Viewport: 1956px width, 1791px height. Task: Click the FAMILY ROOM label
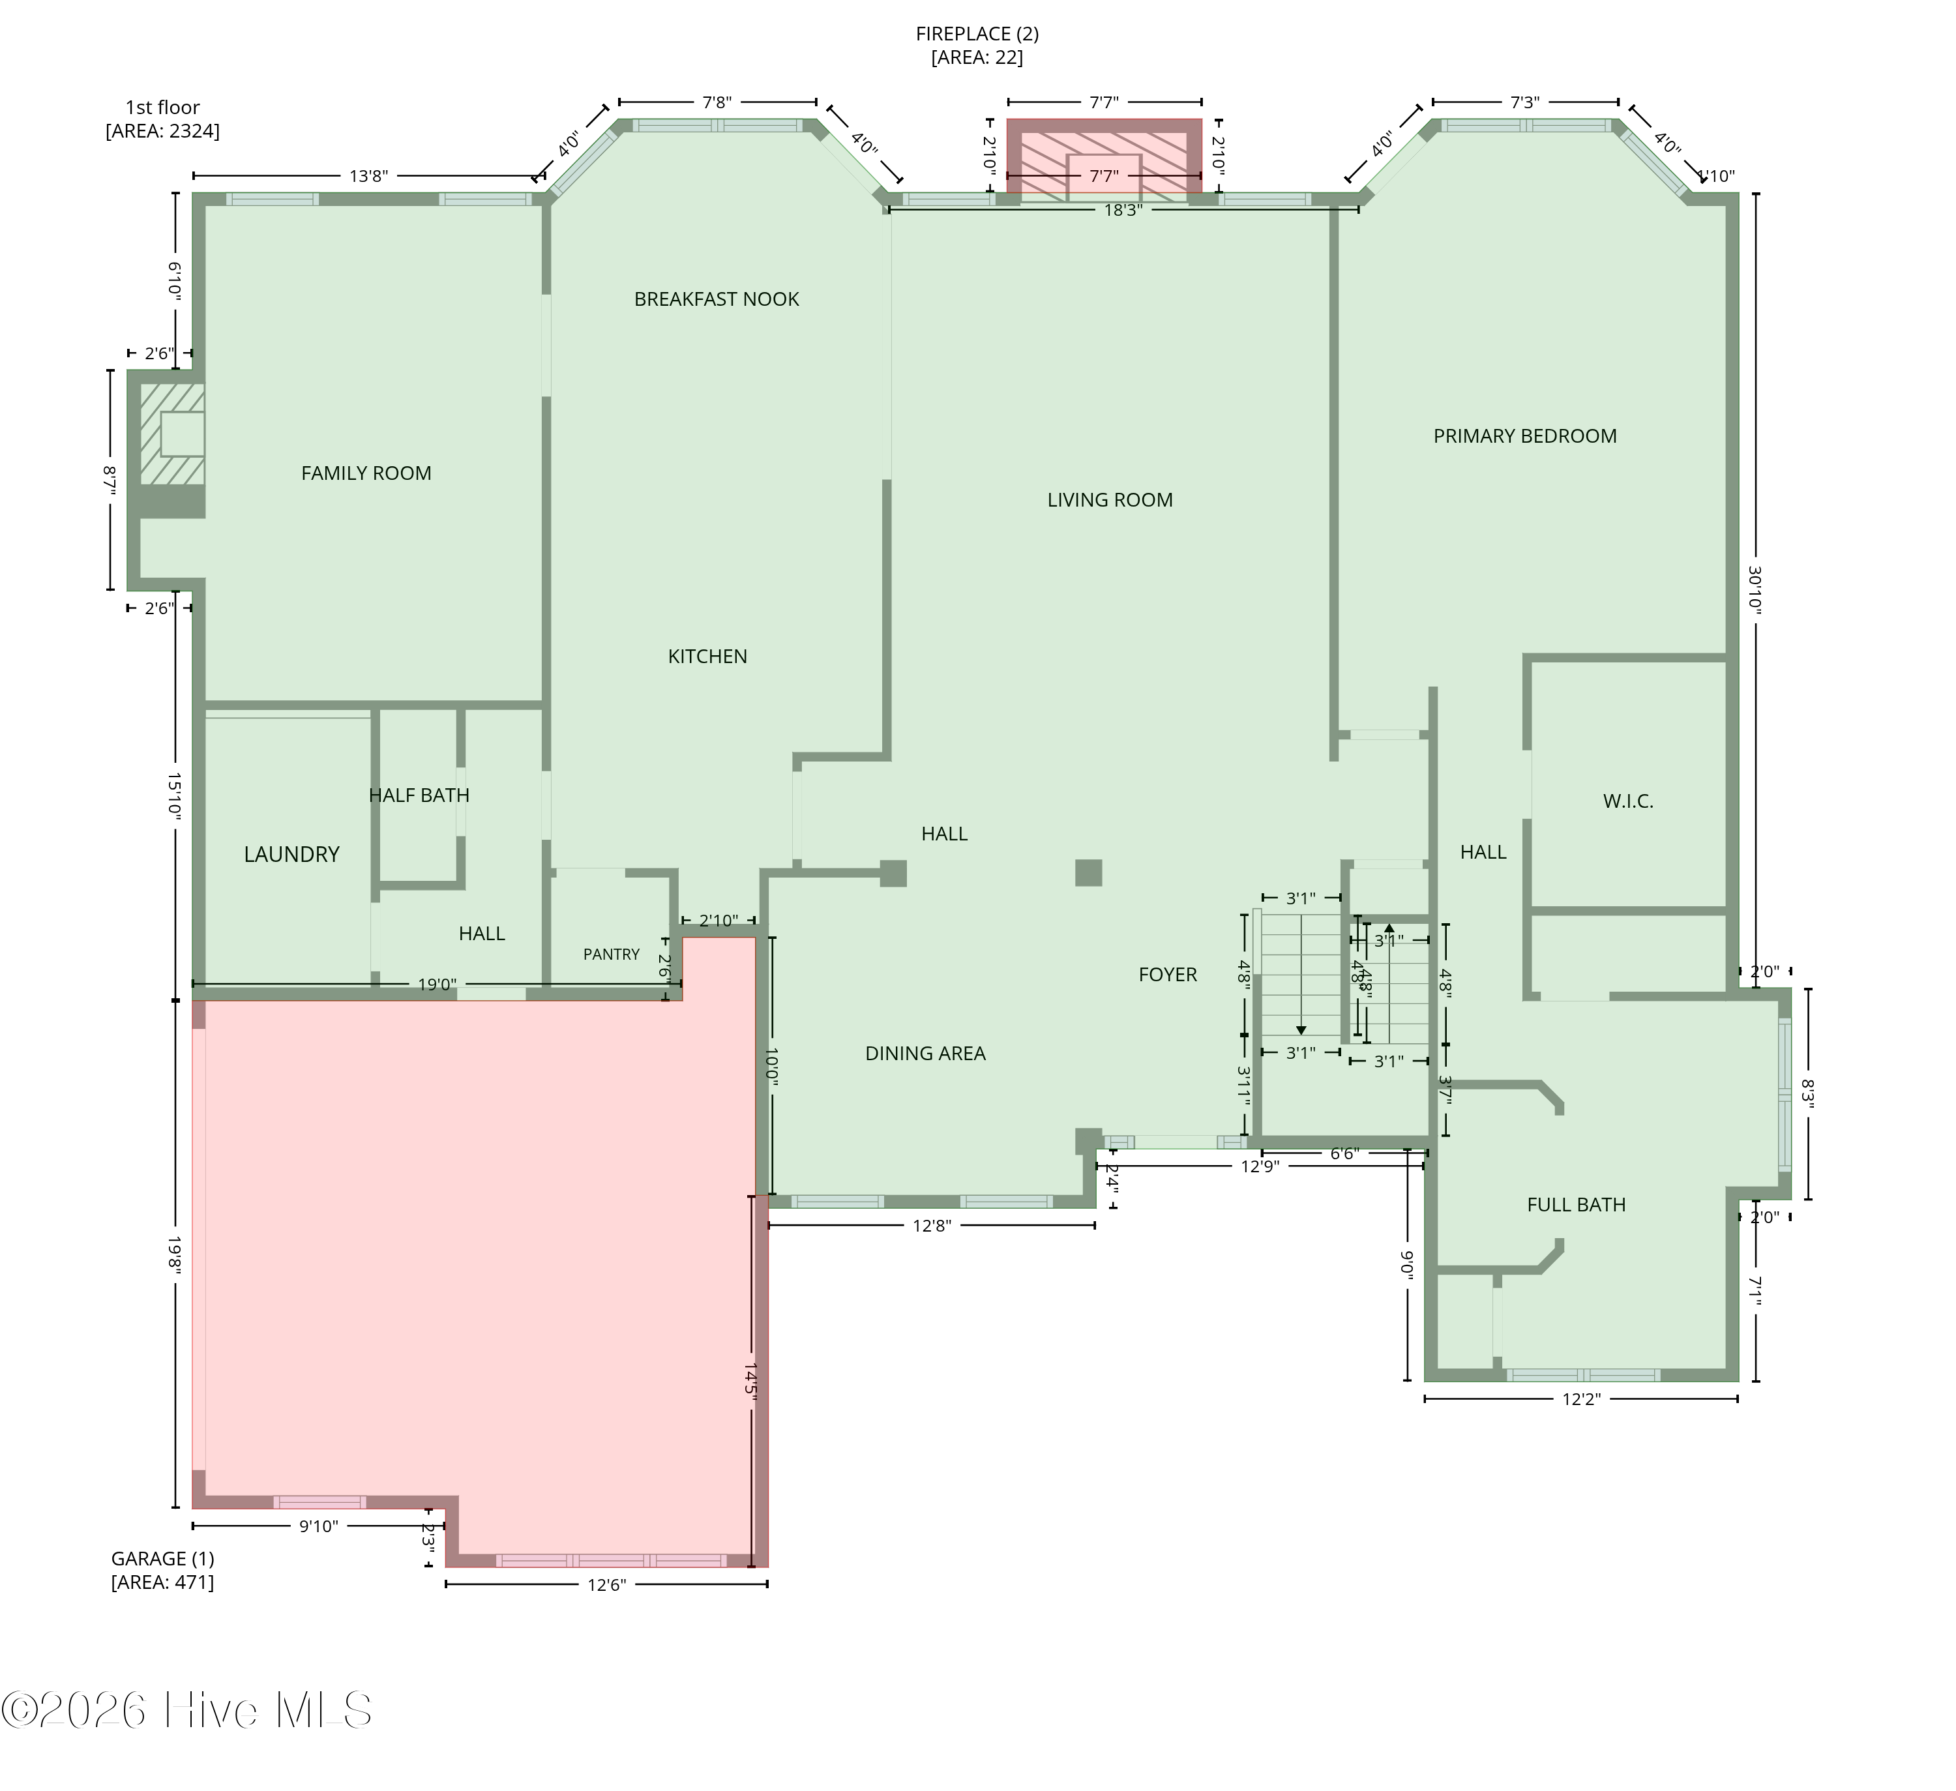366,473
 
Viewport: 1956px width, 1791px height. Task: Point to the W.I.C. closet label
1627,801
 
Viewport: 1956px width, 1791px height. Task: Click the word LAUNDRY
291,855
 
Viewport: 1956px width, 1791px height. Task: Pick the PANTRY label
612,955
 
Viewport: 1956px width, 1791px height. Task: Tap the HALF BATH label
419,795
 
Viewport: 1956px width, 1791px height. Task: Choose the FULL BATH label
1576,1205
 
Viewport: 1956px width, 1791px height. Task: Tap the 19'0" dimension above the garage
437,984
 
